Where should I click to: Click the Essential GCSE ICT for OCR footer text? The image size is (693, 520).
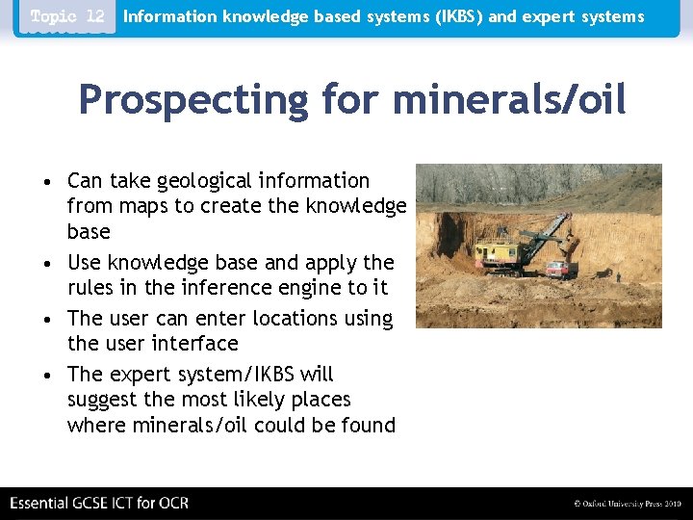click(x=99, y=503)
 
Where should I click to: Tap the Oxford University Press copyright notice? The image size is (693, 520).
click(x=627, y=504)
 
